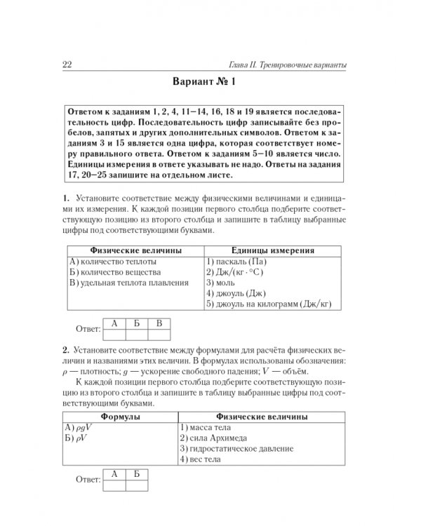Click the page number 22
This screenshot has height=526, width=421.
coord(68,65)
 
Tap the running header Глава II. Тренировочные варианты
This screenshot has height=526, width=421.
coord(290,65)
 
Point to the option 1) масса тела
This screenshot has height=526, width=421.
coord(205,428)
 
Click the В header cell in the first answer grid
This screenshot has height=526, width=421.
coord(159,323)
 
